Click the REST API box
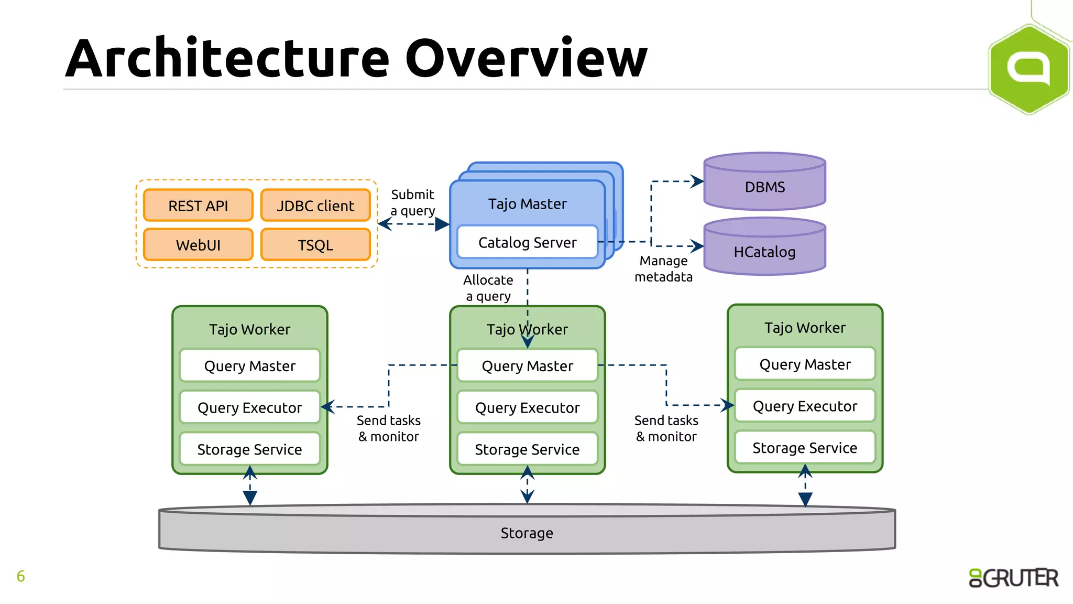click(198, 206)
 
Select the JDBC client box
click(315, 206)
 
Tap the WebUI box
click(198, 245)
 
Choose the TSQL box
click(315, 245)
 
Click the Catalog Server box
click(527, 242)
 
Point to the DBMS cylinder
click(764, 187)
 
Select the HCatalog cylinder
click(764, 252)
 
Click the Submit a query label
click(413, 202)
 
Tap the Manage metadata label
click(663, 268)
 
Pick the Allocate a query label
click(488, 288)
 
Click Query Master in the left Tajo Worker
click(249, 365)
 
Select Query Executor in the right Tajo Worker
click(805, 406)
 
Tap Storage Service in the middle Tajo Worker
click(527, 449)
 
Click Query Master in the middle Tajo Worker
click(527, 365)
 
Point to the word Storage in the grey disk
click(527, 533)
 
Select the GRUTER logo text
click(1014, 578)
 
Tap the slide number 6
click(21, 576)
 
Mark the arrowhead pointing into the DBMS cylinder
click(697, 181)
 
